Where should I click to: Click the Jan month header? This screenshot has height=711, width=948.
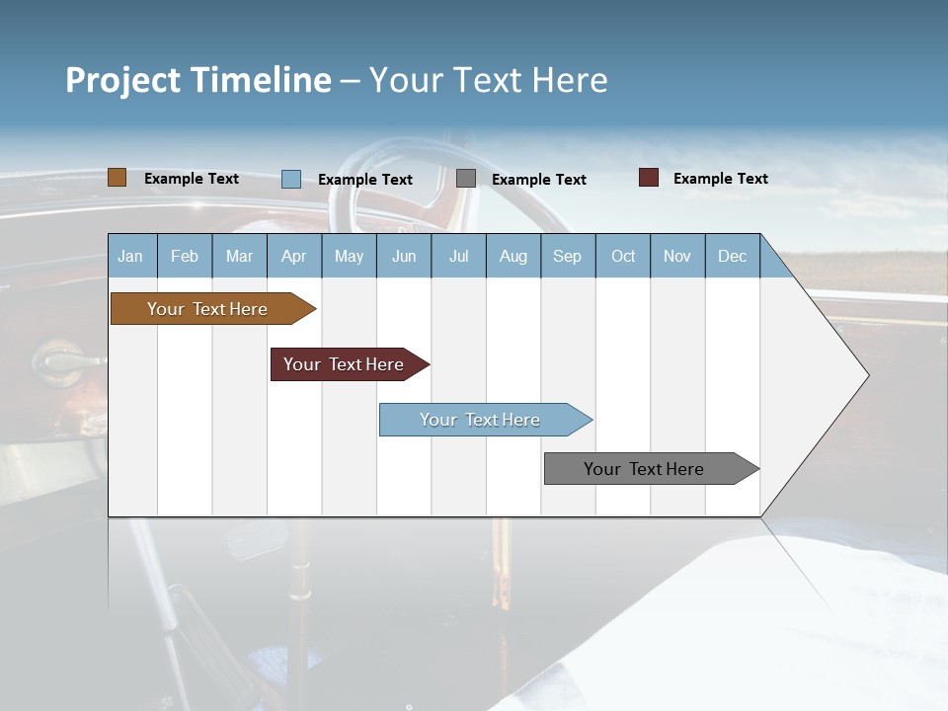click(131, 256)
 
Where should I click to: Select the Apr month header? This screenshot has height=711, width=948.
click(294, 256)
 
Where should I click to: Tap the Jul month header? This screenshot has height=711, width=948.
click(458, 256)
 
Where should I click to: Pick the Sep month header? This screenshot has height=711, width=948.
click(568, 256)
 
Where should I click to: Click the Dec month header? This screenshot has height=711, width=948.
click(732, 256)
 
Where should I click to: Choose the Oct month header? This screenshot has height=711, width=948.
click(623, 256)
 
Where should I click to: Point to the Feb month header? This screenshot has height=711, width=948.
click(185, 256)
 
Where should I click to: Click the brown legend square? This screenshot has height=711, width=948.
click(117, 178)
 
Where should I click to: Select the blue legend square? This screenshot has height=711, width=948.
click(290, 179)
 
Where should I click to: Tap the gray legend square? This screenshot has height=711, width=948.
click(466, 179)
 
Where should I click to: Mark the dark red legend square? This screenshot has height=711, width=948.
click(649, 178)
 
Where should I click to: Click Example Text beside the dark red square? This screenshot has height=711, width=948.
click(720, 178)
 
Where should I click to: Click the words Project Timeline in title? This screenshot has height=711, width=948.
click(197, 80)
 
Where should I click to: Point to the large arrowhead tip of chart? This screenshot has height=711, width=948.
click(865, 375)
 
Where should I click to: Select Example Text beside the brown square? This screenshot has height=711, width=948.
click(192, 178)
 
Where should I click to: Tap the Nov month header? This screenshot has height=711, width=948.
click(677, 256)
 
